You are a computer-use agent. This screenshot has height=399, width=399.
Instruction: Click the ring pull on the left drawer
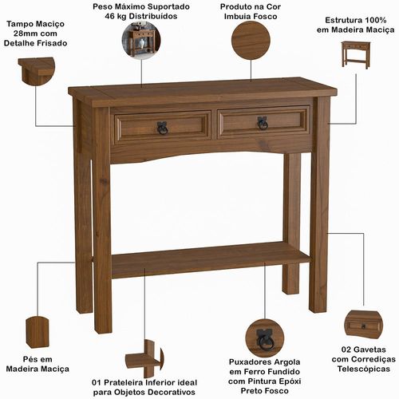(162, 128)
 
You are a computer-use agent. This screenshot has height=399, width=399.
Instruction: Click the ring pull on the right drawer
(263, 123)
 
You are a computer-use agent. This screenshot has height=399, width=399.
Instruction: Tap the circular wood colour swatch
(251, 41)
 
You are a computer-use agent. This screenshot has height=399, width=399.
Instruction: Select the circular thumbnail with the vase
(141, 40)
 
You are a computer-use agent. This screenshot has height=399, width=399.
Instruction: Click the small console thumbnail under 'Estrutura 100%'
(355, 55)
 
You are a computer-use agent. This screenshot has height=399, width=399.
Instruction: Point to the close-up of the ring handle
(264, 338)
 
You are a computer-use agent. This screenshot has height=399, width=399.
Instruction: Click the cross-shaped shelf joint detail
(144, 359)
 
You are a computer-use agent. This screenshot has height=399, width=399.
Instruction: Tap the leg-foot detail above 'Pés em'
(38, 332)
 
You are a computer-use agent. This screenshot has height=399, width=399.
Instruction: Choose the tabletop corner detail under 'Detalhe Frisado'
(37, 71)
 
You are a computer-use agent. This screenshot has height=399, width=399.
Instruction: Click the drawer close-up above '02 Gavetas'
(363, 326)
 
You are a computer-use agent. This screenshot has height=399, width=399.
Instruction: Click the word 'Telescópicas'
(364, 369)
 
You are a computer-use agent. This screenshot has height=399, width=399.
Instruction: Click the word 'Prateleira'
(124, 383)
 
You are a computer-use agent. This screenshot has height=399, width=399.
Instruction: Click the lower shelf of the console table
(210, 260)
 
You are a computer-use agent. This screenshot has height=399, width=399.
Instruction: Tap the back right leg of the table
(291, 224)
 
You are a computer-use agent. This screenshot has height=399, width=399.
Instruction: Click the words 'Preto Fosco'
(264, 391)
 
